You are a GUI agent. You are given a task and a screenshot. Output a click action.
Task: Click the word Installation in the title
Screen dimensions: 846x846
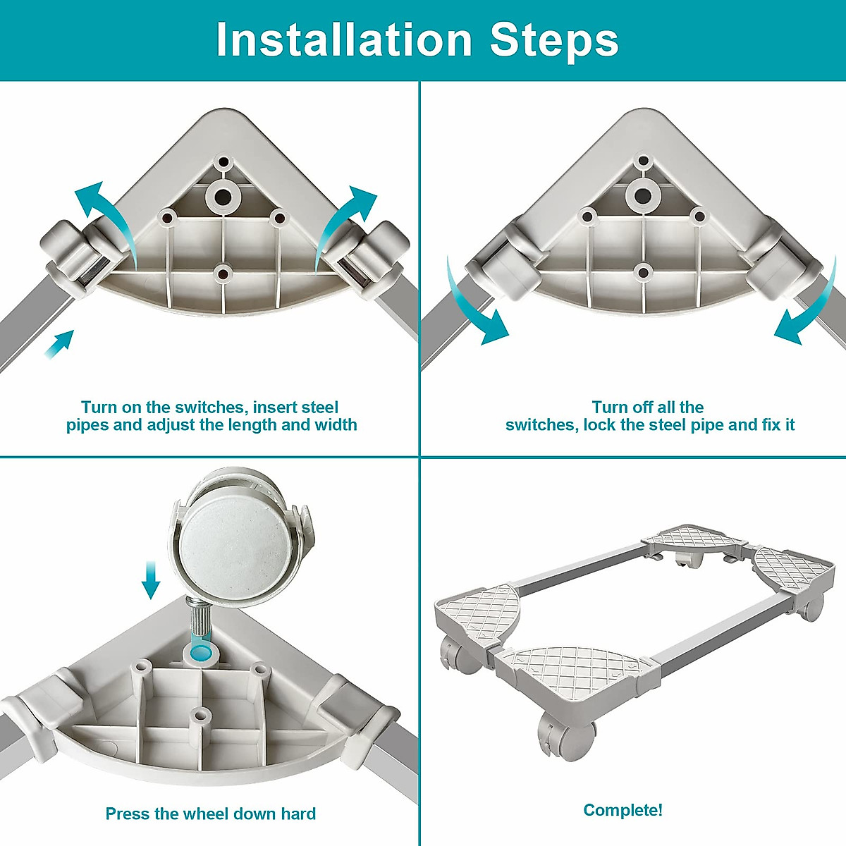344,40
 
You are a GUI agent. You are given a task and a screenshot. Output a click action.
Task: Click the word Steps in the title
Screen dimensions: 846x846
554,43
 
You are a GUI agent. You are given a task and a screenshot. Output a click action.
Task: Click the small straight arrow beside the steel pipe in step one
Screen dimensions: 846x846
59,345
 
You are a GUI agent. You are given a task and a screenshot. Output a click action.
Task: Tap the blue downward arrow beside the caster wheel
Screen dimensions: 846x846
151,580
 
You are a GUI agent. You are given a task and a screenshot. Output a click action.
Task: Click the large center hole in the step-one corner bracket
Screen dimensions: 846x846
223,197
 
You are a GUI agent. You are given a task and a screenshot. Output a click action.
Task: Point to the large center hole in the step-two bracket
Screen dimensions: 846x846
643,196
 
